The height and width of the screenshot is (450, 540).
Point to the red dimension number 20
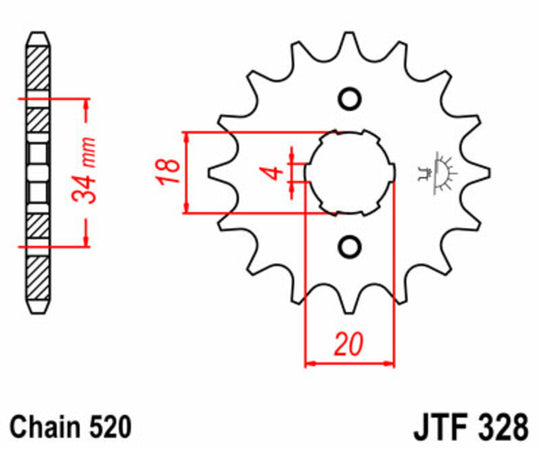pyautogui.click(x=348, y=345)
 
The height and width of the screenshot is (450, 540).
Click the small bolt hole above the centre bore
pyautogui.click(x=349, y=98)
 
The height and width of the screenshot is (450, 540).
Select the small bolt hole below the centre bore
pyautogui.click(x=349, y=246)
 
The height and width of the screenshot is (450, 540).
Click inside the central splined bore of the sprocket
pyautogui.click(x=349, y=172)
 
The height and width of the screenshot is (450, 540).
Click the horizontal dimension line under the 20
pyautogui.click(x=348, y=363)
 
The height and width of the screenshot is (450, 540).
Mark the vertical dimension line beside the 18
pyautogui.click(x=185, y=171)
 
